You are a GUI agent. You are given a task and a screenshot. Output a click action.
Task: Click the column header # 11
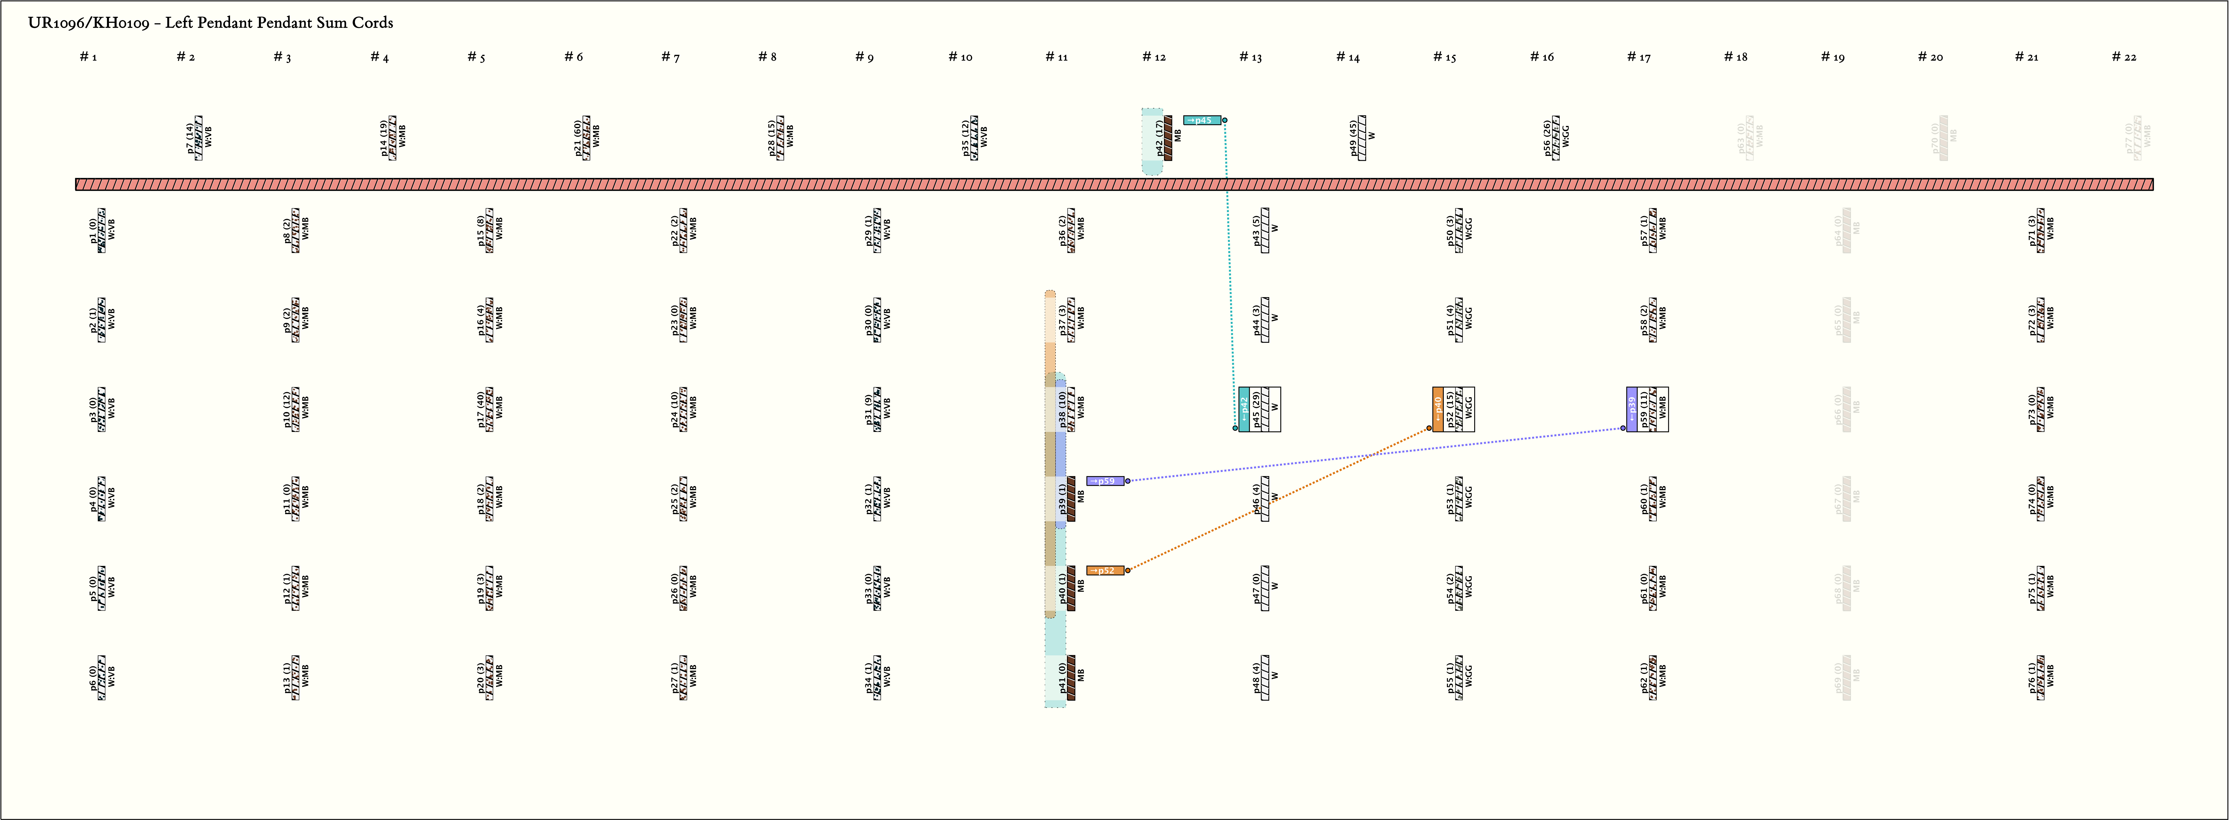click(1056, 57)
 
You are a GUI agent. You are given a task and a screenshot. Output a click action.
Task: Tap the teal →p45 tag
click(1202, 120)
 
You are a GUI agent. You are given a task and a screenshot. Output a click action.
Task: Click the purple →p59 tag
click(1105, 481)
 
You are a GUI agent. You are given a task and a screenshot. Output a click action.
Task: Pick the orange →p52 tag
click(1105, 571)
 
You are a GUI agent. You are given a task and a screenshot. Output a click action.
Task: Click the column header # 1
click(88, 57)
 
